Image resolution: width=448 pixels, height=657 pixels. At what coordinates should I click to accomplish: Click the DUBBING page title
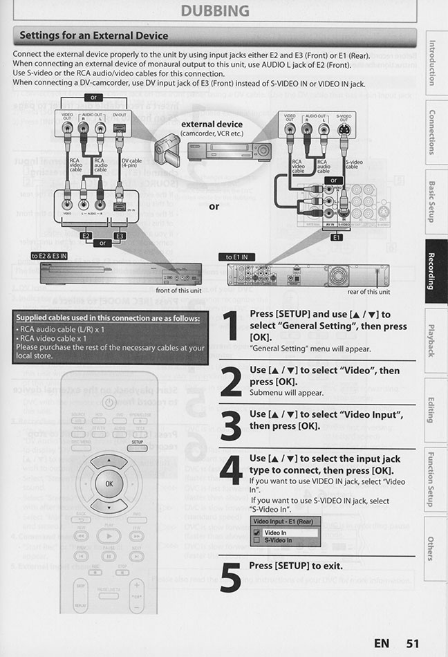coord(214,10)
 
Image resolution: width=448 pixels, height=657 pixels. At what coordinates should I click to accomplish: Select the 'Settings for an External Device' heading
coord(93,35)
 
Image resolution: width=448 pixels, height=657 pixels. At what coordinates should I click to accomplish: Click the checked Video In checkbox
coord(256,533)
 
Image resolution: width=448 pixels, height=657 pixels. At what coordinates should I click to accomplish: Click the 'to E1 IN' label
coord(237,257)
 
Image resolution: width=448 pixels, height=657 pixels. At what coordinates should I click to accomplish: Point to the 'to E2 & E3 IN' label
coord(49,255)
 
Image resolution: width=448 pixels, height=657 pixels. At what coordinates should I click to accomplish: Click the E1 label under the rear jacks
coord(337,237)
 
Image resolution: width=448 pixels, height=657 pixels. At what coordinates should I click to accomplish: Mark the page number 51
coord(413,643)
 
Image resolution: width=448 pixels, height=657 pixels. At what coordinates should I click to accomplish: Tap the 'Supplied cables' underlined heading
coord(108,318)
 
